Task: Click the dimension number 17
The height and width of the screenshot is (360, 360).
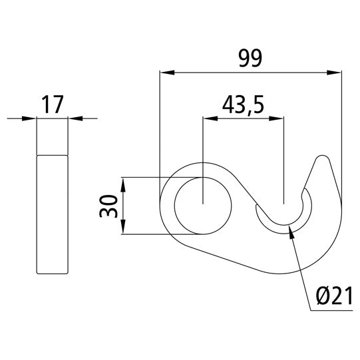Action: coord(52,104)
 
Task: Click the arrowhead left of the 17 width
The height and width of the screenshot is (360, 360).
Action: coord(31,119)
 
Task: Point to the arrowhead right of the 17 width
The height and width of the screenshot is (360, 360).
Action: coord(74,119)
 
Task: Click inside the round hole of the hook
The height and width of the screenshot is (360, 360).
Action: coord(203,206)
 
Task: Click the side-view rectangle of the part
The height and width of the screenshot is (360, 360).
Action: coord(52,213)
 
